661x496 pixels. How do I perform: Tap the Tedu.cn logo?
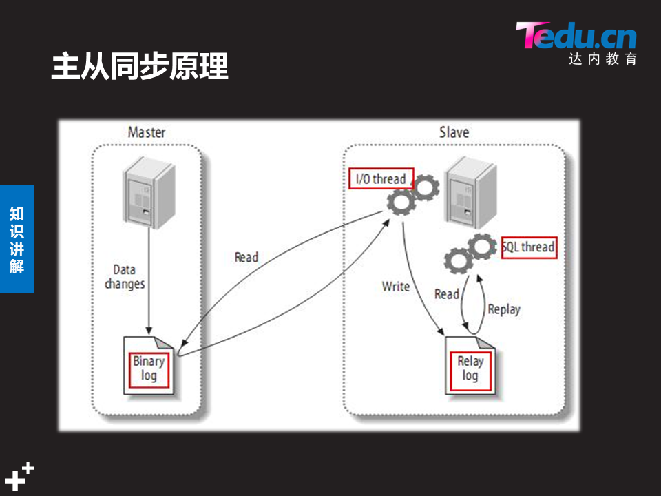[576, 36]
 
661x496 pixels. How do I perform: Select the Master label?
[147, 132]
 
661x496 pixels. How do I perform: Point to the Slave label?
[454, 132]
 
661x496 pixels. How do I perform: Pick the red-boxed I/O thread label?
[381, 179]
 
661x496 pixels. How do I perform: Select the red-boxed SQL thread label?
[529, 247]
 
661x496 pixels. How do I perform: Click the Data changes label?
[125, 276]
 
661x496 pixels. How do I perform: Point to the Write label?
[396, 286]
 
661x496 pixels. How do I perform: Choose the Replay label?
[504, 309]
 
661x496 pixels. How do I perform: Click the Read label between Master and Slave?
[246, 257]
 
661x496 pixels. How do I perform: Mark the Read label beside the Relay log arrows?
[446, 294]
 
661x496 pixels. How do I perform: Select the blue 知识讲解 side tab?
[17, 239]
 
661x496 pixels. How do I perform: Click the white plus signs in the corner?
[19, 476]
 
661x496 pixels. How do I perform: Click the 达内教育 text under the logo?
[603, 59]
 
